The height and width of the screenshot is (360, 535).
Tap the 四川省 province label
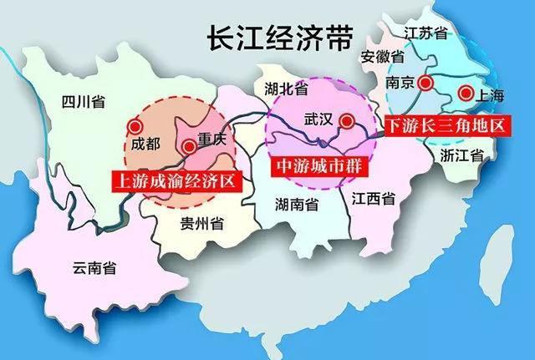coord(83,102)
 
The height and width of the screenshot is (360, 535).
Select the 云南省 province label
coord(94,267)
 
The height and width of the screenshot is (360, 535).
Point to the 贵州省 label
coord(201,223)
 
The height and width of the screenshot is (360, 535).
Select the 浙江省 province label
coord(465,155)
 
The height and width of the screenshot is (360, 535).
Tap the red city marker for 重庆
coord(190,146)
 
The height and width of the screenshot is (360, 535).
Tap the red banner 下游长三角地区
coord(446,126)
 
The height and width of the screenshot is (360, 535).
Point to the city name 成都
coord(140,144)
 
